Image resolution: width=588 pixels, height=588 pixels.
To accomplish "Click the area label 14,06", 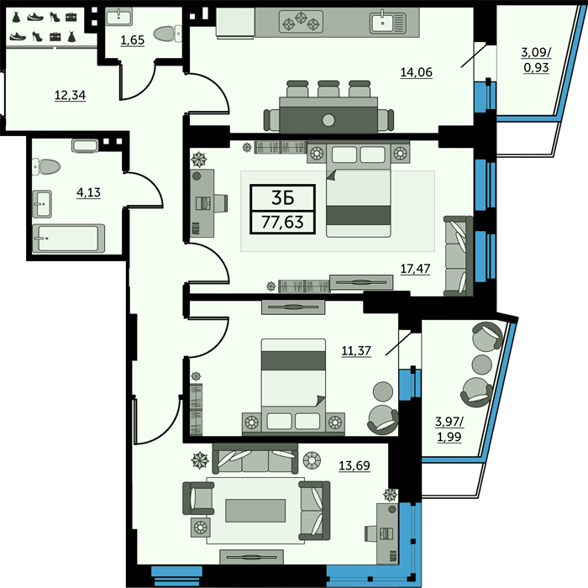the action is pyautogui.click(x=417, y=72).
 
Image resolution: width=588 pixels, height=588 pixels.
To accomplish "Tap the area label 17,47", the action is pyautogui.click(x=415, y=269).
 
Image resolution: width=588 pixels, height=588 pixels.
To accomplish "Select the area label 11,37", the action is pyautogui.click(x=356, y=350).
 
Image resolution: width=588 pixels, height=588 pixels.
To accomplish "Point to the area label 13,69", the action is pyautogui.click(x=354, y=465).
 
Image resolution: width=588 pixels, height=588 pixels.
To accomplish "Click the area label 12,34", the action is pyautogui.click(x=70, y=95).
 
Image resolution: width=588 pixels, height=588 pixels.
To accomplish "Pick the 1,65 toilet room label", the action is pyautogui.click(x=133, y=40).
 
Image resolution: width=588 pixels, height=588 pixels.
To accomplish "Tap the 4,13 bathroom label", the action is pyautogui.click(x=88, y=192).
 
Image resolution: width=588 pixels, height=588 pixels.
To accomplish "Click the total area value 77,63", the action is pyautogui.click(x=282, y=222).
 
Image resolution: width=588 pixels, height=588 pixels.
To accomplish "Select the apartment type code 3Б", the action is pyautogui.click(x=282, y=198).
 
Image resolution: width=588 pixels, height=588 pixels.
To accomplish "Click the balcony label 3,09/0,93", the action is pyautogui.click(x=536, y=60).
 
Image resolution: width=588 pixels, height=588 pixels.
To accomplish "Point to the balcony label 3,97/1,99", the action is pyautogui.click(x=449, y=429).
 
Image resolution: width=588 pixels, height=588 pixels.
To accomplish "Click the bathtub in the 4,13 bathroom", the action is pyautogui.click(x=69, y=238).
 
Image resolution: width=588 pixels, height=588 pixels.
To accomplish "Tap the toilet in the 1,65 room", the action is pyautogui.click(x=167, y=34).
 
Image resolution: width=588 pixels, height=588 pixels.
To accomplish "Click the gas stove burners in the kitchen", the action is pyautogui.click(x=301, y=21).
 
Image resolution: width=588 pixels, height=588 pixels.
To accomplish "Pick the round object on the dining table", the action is pyautogui.click(x=328, y=120).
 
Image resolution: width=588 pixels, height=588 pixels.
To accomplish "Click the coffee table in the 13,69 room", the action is pyautogui.click(x=255, y=511).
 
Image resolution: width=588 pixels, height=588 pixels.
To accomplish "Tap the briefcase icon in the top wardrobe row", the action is pyautogui.click(x=71, y=17).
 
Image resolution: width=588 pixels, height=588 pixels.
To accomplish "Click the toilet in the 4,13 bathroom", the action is pyautogui.click(x=46, y=167).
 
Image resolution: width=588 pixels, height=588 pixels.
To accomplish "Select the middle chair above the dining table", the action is pyautogui.click(x=328, y=89).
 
